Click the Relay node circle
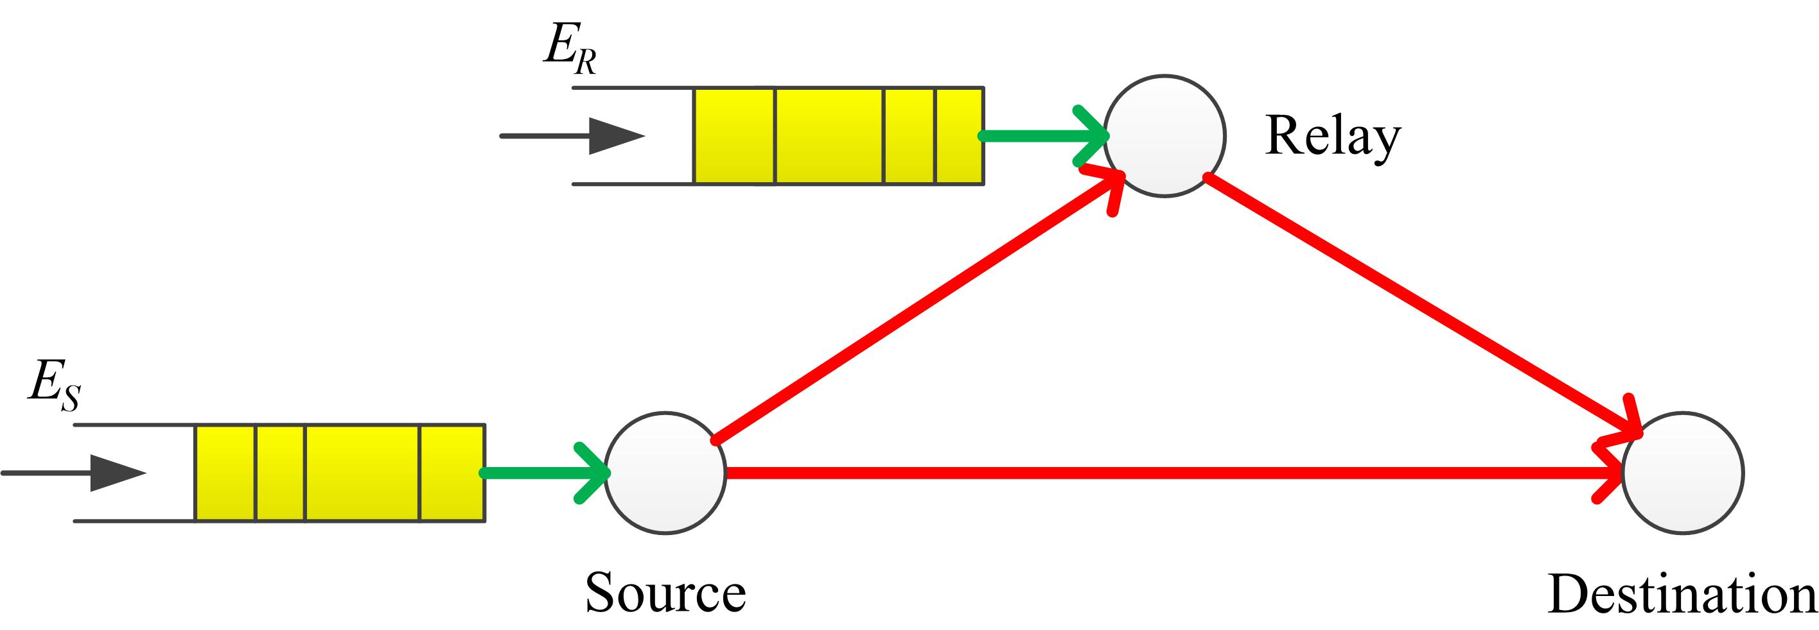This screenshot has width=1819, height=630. (1164, 135)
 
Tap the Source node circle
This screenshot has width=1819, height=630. (665, 473)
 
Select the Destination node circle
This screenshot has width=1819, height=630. (1683, 473)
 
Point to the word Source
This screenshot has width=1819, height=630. (665, 593)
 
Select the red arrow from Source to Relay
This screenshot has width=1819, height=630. (911, 311)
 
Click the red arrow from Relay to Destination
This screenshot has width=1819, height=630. (1419, 303)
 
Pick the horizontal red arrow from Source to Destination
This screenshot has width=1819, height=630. (1165, 473)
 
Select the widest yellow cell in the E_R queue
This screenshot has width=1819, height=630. (829, 135)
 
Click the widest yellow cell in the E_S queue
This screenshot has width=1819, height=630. (362, 473)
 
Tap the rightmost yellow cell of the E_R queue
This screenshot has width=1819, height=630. (959, 135)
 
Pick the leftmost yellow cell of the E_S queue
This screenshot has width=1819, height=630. (225, 473)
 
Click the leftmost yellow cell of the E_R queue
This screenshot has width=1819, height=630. (734, 135)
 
